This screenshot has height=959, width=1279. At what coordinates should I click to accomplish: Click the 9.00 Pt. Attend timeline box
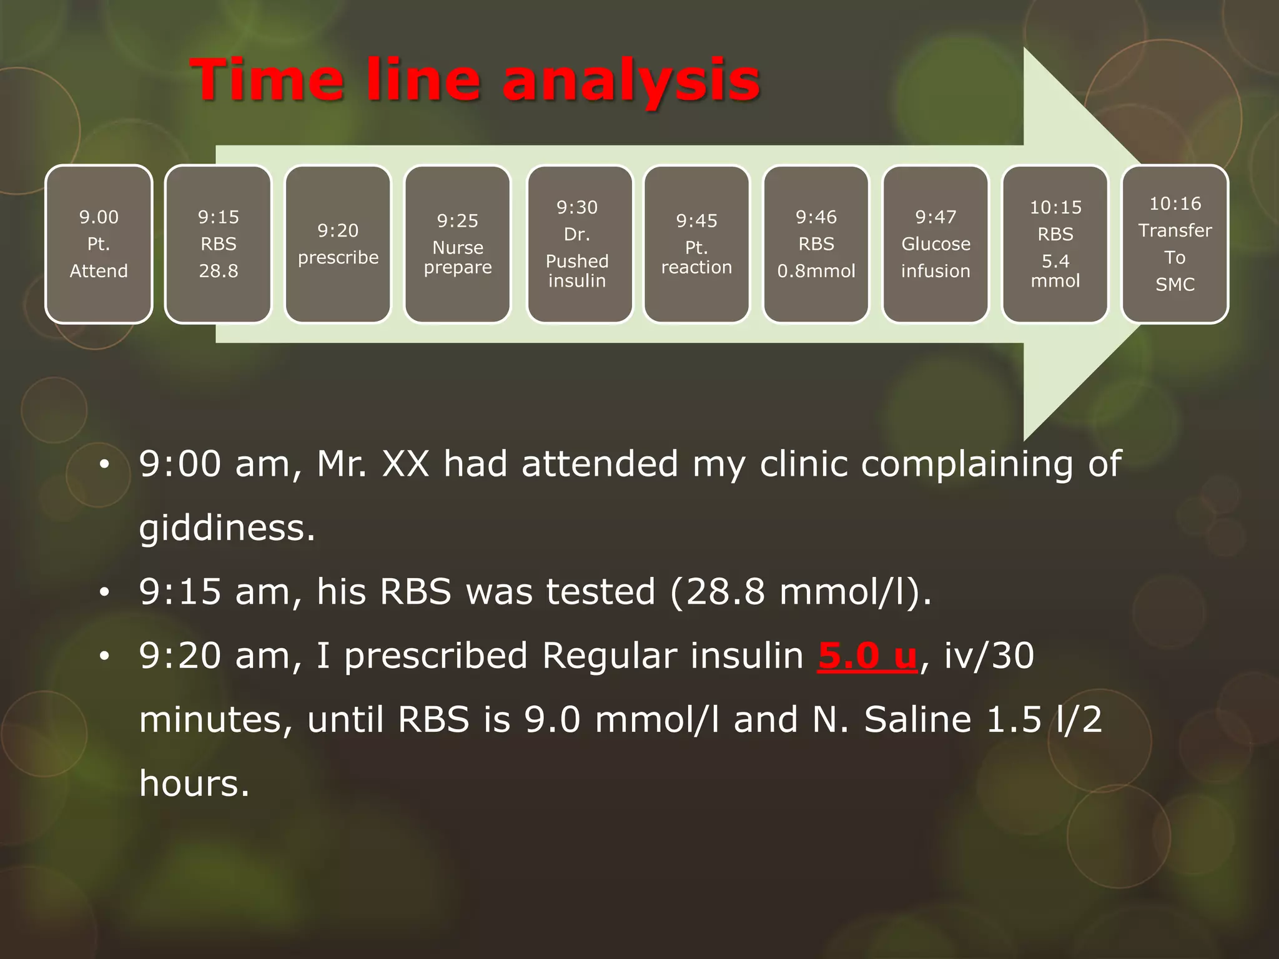(x=99, y=244)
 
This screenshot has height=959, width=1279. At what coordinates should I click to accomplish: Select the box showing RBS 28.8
(x=218, y=244)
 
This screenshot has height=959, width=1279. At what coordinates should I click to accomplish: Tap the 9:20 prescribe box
(x=338, y=244)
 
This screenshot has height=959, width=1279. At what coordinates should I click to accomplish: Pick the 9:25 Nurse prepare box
(x=458, y=244)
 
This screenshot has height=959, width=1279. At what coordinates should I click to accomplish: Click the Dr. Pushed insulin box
(x=577, y=244)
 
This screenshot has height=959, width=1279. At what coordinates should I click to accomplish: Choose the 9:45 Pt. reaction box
(x=696, y=244)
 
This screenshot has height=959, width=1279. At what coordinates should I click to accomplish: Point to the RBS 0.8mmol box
(x=816, y=244)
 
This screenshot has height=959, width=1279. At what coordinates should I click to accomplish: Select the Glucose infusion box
(x=936, y=244)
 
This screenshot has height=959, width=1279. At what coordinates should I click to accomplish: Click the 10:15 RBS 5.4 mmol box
(x=1055, y=244)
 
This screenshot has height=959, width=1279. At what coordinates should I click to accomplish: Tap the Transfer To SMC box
(x=1175, y=244)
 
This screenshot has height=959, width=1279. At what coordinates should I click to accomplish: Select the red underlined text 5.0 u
(x=867, y=656)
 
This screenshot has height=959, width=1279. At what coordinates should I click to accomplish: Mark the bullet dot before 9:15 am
(x=104, y=592)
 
